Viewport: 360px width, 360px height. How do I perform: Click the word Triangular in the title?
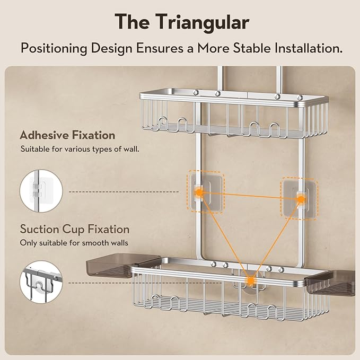202,22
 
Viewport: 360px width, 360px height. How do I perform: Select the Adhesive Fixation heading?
67,135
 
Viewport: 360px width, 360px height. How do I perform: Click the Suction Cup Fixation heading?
75,230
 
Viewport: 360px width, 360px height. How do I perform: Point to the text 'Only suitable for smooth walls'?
74,243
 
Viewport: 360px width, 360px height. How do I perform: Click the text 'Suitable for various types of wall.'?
80,149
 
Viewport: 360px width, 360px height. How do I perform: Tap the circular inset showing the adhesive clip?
41,191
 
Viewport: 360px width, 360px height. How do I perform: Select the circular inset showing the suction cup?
41,282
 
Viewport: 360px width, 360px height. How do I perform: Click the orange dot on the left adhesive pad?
199,192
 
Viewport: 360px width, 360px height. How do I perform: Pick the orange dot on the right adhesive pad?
301,199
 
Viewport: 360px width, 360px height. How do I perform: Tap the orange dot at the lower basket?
250,280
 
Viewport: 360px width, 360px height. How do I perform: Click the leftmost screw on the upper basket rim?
196,92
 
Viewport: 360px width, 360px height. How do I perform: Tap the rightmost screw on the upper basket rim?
300,98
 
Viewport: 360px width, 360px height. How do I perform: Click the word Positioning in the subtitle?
54,49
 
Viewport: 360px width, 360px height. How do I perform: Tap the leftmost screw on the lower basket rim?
214,264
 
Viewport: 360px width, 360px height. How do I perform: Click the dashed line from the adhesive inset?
124,192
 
